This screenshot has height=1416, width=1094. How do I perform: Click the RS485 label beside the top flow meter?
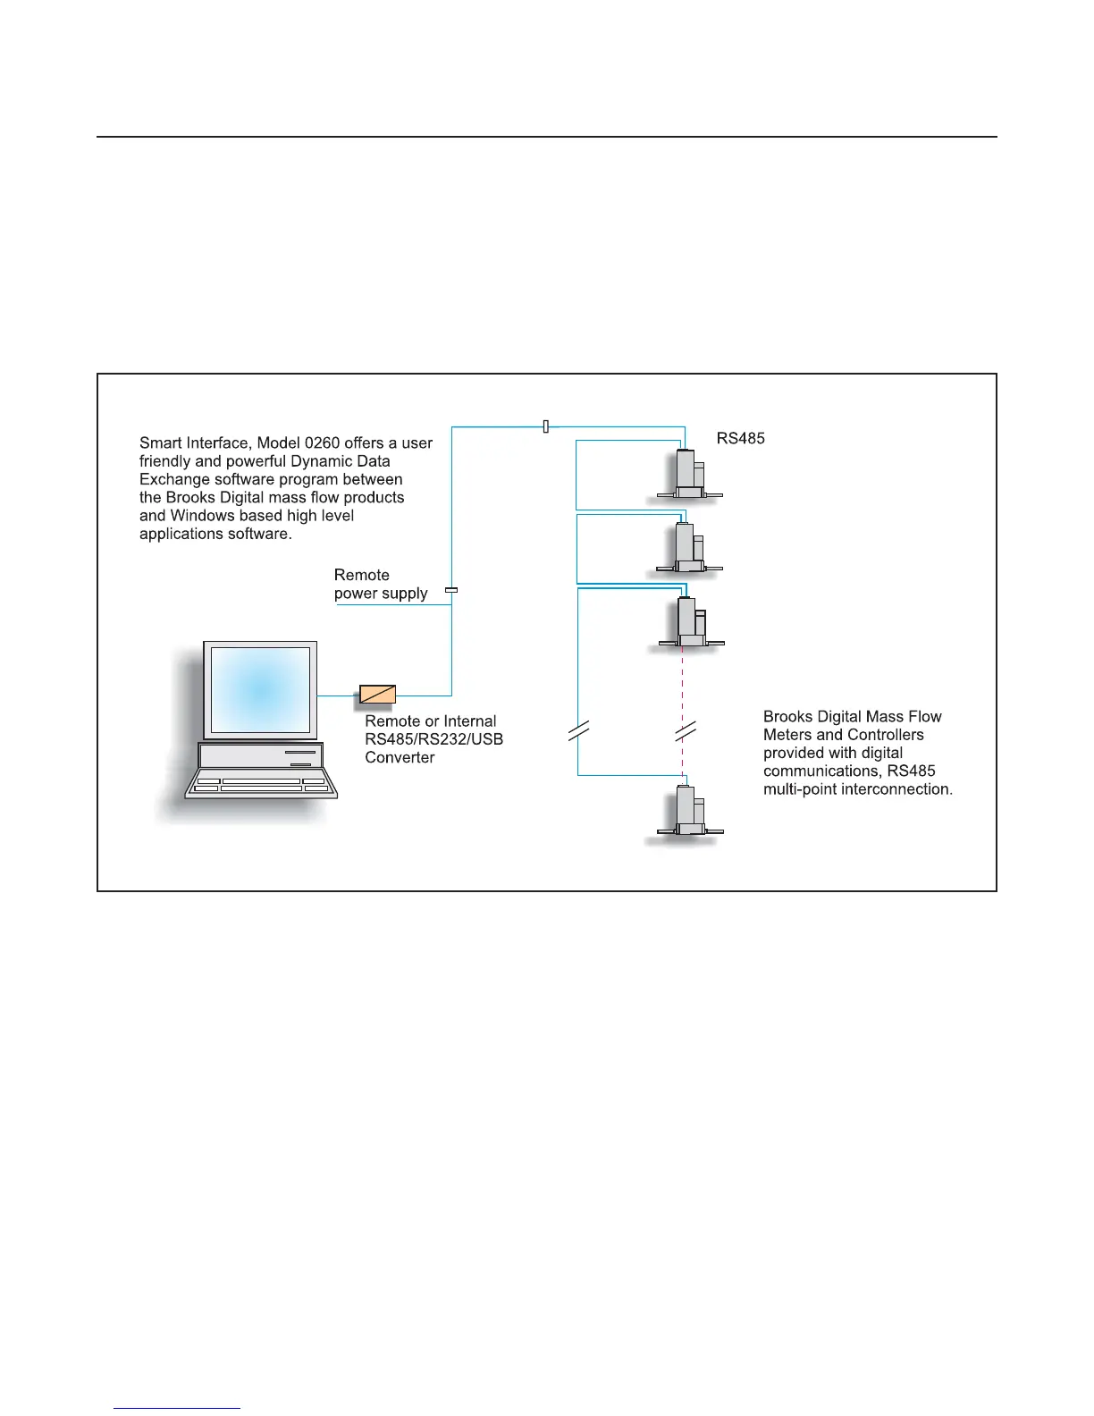coord(740,438)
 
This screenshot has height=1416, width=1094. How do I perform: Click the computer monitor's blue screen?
coord(259,688)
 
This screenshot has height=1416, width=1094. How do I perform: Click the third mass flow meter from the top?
coord(688,621)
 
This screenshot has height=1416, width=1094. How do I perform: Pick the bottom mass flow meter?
coord(687,811)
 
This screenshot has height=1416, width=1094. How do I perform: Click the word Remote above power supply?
coord(361,575)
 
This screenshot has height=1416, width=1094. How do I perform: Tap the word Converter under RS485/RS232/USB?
coord(400,757)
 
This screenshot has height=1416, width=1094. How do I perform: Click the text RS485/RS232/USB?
coord(433,739)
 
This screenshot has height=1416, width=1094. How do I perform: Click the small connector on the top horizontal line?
coord(545,427)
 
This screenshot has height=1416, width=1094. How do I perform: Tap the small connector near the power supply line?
coord(451,590)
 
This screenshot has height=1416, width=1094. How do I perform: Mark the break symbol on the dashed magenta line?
coord(685,732)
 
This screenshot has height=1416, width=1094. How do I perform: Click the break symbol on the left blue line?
coord(578,732)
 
